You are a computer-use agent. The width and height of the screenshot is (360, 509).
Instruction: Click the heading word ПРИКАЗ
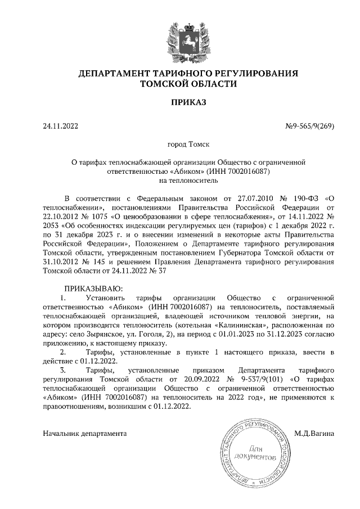188,102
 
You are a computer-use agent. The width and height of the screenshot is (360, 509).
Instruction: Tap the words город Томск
188,145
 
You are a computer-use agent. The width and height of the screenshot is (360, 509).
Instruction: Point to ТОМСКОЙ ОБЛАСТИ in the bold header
188,84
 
